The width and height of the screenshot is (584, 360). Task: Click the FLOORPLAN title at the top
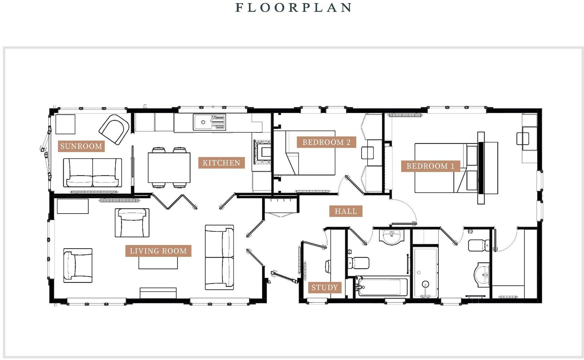tap(294, 7)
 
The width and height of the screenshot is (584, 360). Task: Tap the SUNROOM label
tap(81, 146)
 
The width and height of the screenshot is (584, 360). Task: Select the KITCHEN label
tap(221, 163)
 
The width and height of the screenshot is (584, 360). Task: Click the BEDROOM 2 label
tap(326, 142)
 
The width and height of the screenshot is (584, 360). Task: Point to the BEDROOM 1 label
tap(430, 166)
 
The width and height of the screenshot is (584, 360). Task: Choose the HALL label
tap(346, 211)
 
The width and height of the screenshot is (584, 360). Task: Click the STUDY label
tap(324, 288)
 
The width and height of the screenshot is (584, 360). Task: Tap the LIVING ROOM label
tap(158, 251)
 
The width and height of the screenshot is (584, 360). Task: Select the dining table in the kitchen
tap(169, 168)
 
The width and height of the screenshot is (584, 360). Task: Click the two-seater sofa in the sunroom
tap(92, 172)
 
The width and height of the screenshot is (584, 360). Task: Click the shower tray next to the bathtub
tap(426, 272)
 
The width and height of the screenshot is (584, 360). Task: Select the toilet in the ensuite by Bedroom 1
tap(479, 245)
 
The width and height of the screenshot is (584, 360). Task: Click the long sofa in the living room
tap(219, 257)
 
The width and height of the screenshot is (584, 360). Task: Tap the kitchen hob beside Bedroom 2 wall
tap(262, 152)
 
